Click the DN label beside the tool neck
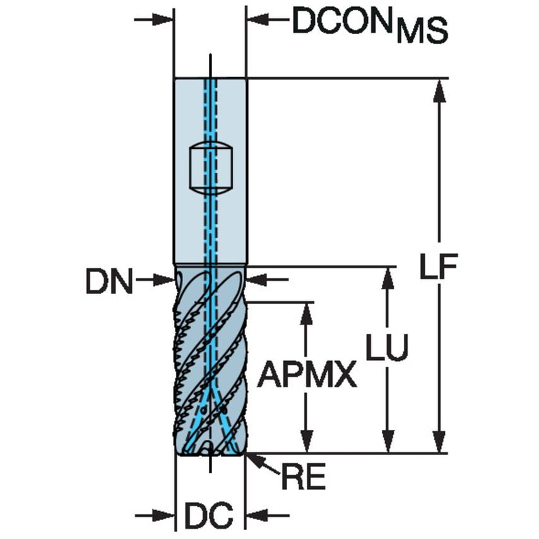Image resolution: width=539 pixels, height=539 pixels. (109, 283)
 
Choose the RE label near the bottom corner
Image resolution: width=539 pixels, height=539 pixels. (303, 478)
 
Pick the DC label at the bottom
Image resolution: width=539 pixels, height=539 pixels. (209, 515)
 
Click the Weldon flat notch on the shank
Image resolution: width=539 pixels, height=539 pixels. (211, 169)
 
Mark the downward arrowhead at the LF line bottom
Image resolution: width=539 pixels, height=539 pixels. (439, 442)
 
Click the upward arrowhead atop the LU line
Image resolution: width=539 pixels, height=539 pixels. (387, 278)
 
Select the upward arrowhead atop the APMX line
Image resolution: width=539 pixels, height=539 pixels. (307, 313)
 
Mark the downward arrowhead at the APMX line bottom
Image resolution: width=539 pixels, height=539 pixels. (307, 442)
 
